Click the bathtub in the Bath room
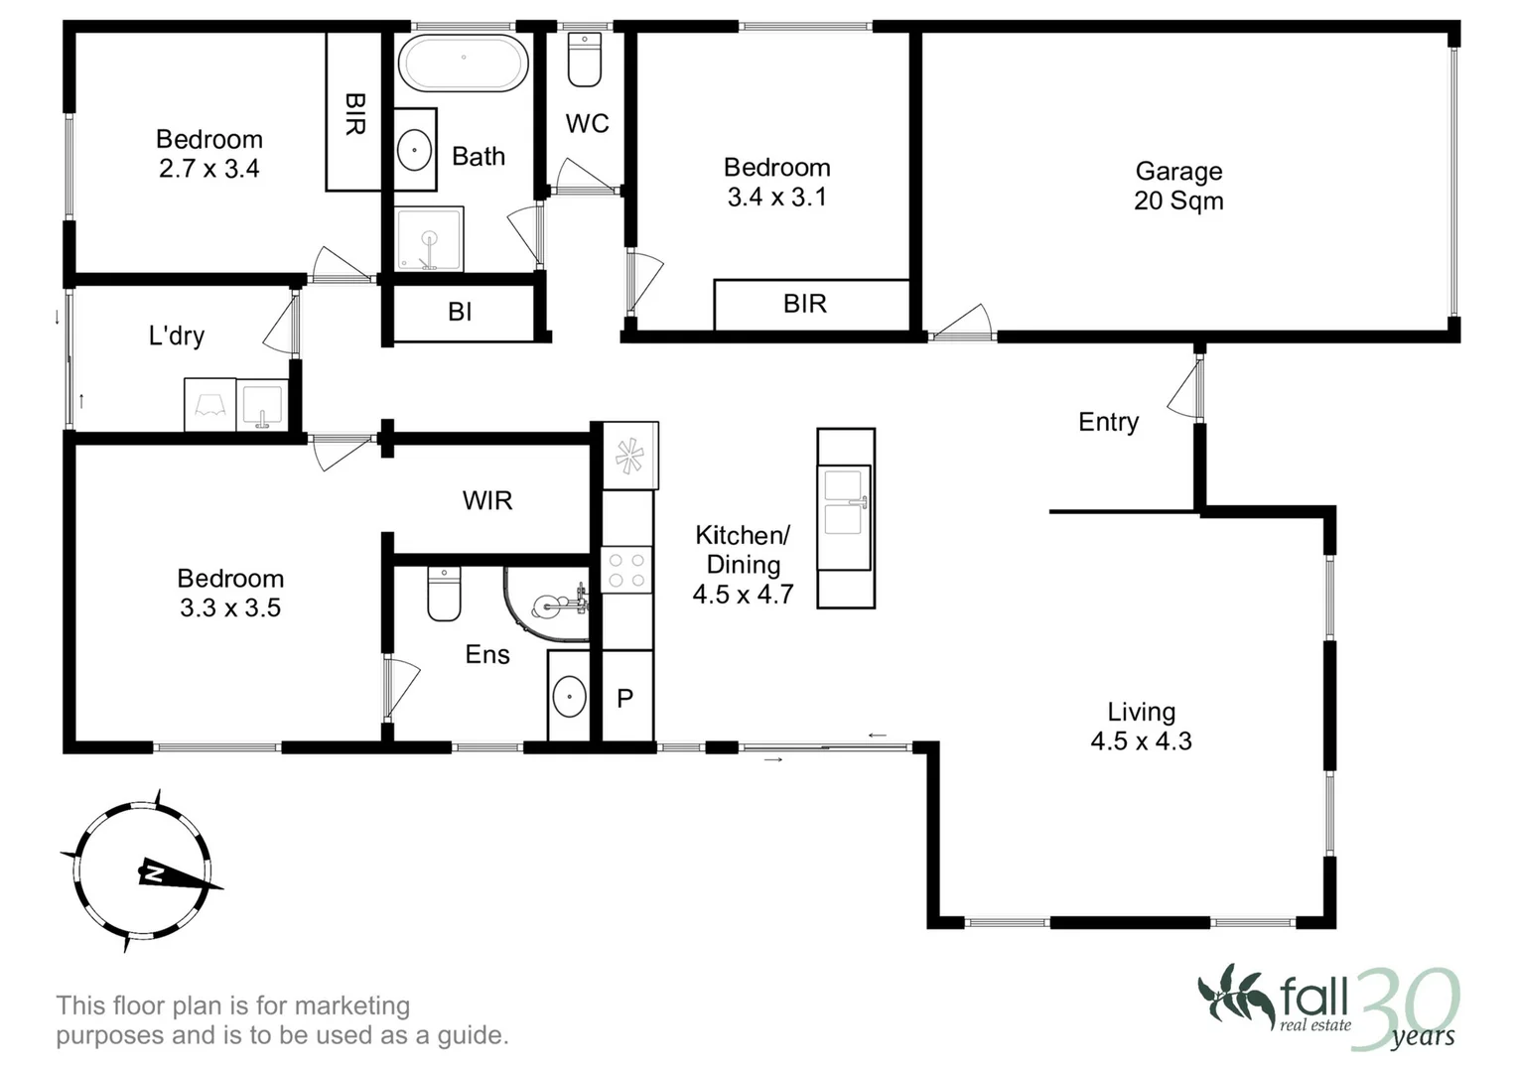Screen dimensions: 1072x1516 tap(463, 63)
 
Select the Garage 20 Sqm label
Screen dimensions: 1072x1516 tap(1178, 186)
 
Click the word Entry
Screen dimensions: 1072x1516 tap(1108, 422)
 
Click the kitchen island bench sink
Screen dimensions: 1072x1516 tap(845, 500)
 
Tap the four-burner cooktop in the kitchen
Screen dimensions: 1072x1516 tap(626, 570)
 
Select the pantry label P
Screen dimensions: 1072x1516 tap(624, 699)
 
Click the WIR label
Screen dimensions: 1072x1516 tap(487, 500)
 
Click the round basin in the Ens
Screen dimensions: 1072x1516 tap(569, 697)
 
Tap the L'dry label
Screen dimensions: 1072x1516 tap(177, 335)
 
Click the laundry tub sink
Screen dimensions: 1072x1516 tap(262, 405)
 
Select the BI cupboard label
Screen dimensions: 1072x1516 tap(460, 312)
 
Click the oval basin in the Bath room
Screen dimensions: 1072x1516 tap(414, 150)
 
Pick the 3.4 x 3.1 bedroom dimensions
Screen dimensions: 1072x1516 tap(776, 197)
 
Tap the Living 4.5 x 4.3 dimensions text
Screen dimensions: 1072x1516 tap(1141, 740)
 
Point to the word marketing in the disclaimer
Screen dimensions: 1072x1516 tap(352, 1005)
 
